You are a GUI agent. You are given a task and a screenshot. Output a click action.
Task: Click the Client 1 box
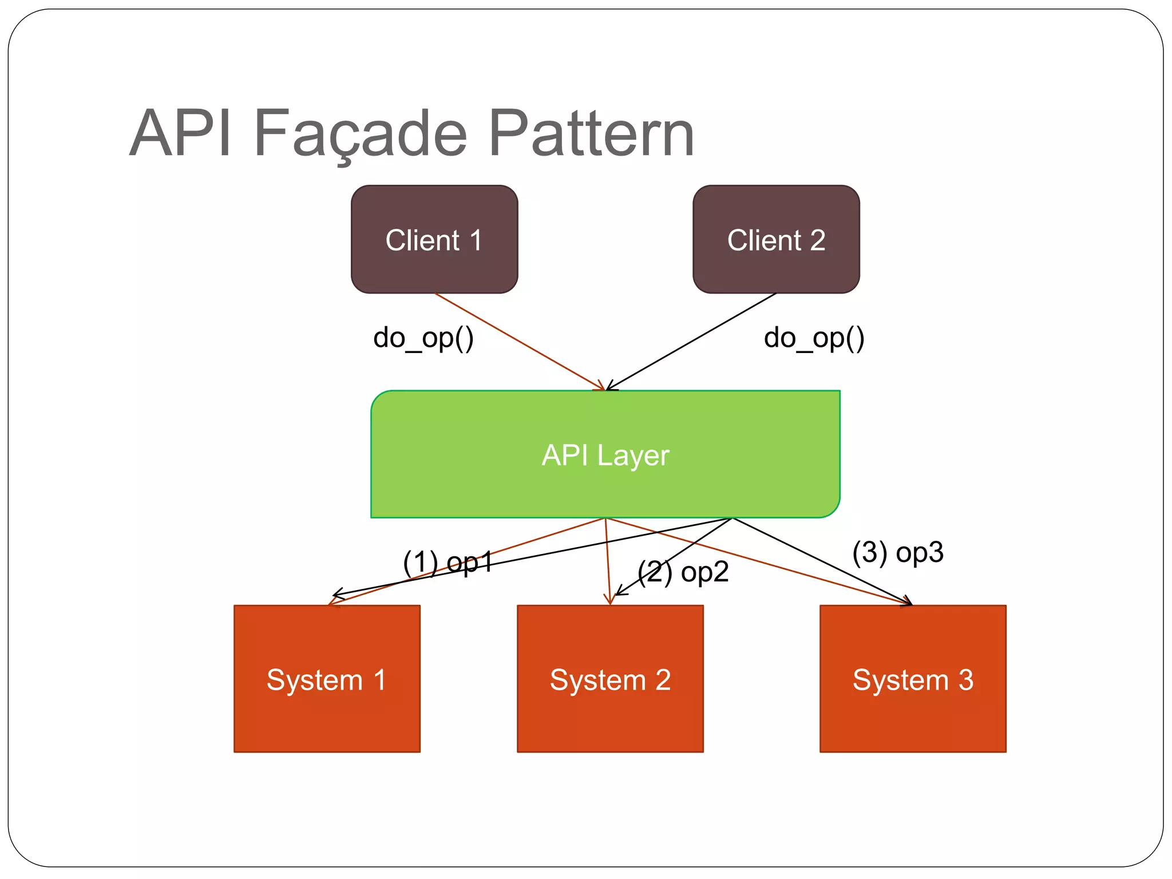(434, 239)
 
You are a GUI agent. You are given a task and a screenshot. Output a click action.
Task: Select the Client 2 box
(776, 239)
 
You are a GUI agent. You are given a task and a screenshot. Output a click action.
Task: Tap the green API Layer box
(605, 455)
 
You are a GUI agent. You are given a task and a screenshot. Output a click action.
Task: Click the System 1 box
(327, 679)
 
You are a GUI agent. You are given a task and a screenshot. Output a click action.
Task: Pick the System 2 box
(610, 679)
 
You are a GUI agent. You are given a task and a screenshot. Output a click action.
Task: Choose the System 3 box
(913, 679)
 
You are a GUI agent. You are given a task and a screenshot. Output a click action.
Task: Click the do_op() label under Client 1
(423, 338)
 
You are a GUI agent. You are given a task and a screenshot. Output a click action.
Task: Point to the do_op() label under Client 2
(814, 338)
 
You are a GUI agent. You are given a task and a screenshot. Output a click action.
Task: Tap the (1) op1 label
(448, 563)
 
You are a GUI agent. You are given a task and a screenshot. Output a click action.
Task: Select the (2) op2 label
(683, 572)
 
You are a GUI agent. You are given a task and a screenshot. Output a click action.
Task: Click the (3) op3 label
(897, 553)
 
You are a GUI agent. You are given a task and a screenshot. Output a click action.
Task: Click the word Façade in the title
(361, 134)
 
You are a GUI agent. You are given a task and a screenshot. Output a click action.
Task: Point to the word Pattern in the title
(592, 134)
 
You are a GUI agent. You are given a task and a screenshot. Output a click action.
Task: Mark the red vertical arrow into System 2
(608, 561)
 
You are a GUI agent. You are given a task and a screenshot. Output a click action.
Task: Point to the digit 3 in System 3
(966, 680)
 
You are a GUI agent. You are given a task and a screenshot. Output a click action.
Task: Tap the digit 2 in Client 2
(817, 240)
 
